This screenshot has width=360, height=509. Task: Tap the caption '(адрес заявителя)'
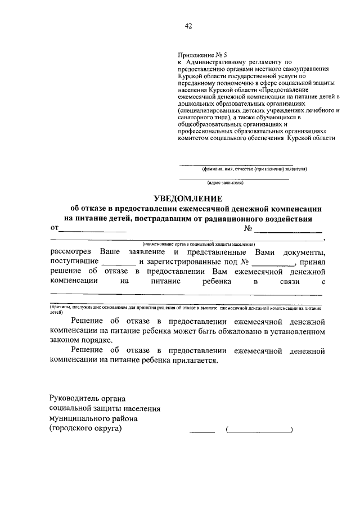(x=225, y=183)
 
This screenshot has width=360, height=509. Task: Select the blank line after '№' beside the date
(x=287, y=231)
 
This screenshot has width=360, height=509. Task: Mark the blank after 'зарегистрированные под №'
(x=273, y=263)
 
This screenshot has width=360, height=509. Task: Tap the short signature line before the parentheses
(x=202, y=431)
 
